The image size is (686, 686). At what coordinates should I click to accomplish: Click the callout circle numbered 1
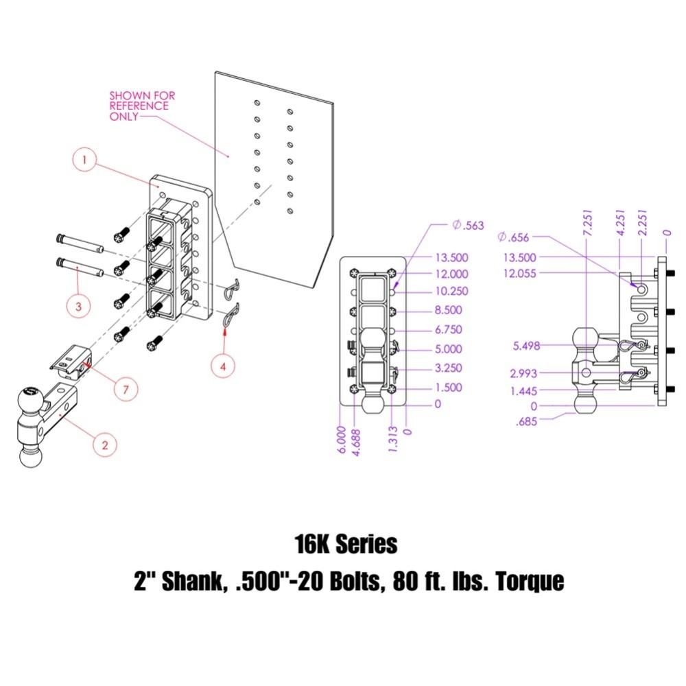click(84, 162)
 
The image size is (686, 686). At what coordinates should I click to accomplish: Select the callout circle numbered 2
click(104, 445)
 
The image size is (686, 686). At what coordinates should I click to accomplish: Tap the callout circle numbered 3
click(79, 307)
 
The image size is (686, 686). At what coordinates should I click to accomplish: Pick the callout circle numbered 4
click(223, 366)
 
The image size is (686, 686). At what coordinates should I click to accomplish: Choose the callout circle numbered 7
click(125, 389)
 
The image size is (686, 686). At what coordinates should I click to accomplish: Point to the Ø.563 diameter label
click(469, 225)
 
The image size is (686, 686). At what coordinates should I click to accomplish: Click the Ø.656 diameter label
click(514, 237)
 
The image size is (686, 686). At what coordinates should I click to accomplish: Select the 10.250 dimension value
click(452, 291)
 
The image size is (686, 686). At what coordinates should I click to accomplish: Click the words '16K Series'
click(346, 545)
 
